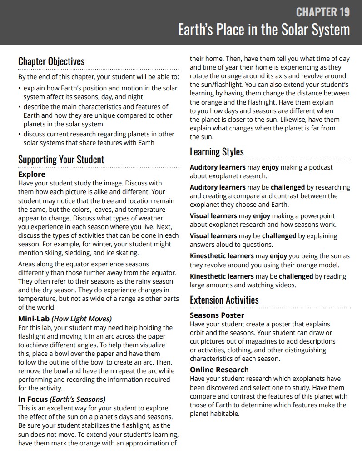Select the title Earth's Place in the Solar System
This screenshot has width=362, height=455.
[x=264, y=30]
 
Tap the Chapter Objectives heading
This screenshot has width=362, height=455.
[x=51, y=61]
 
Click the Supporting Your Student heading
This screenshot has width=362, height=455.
[x=61, y=160]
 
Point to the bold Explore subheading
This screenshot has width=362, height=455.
[x=32, y=174]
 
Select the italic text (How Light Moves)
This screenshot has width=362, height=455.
[x=82, y=319]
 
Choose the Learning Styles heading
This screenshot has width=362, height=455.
[x=217, y=152]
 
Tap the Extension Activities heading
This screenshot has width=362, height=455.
[x=224, y=300]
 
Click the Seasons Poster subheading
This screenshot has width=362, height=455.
[x=217, y=315]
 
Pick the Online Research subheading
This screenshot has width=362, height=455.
[x=219, y=370]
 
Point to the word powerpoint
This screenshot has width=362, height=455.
[x=317, y=216]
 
